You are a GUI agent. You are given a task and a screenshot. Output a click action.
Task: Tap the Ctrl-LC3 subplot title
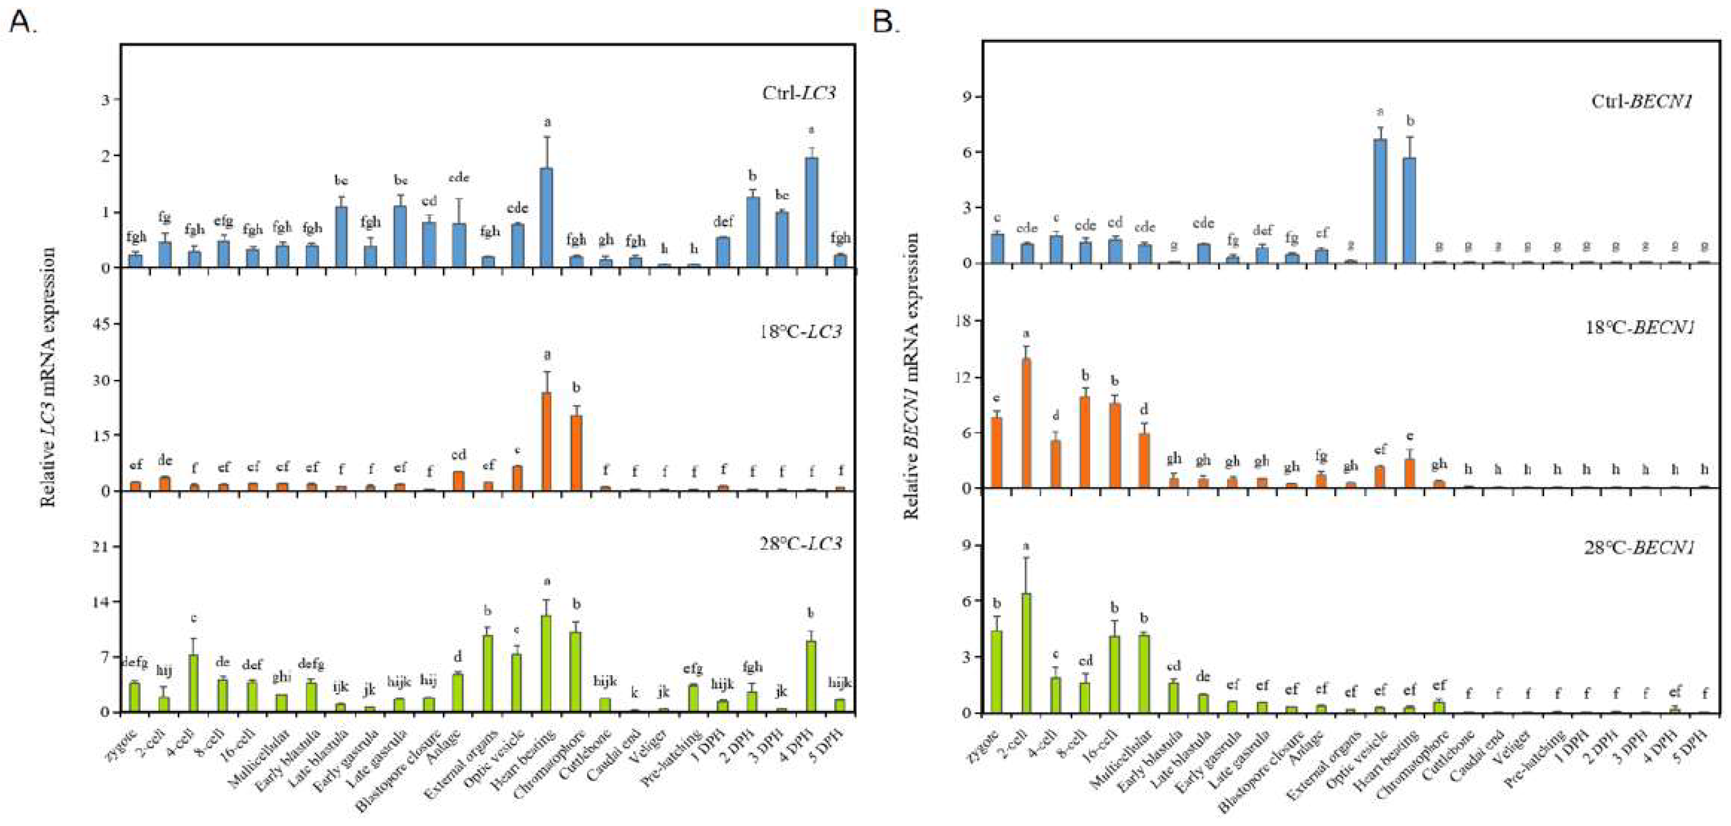tap(798, 93)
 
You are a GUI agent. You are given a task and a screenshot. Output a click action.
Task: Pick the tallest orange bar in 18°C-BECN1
tap(1026, 424)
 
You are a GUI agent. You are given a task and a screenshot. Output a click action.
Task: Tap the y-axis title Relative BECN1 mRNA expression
tap(912, 376)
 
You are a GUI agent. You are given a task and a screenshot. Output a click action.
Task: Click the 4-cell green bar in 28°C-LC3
tap(193, 683)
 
